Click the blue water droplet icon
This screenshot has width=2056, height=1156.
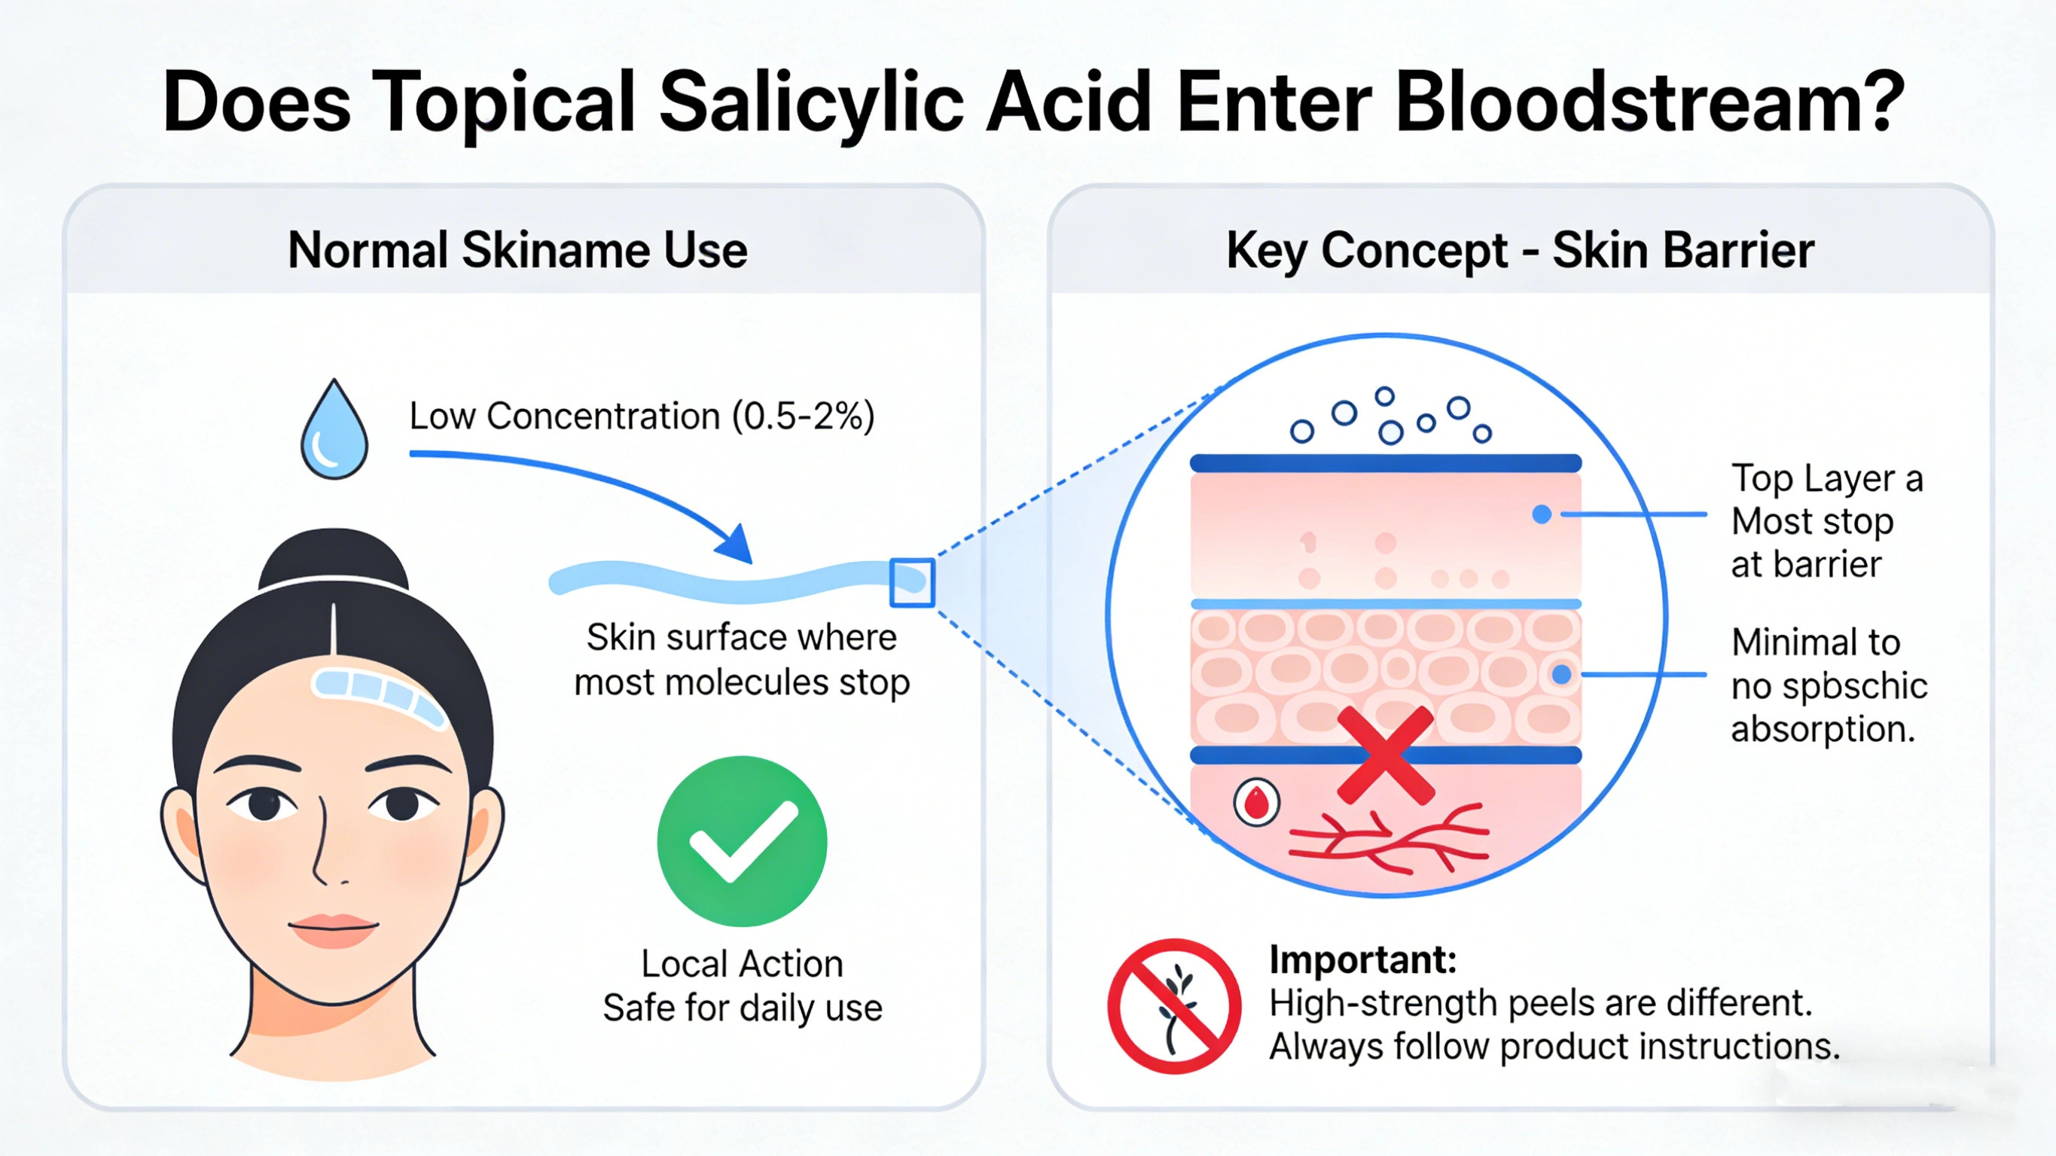[x=334, y=431]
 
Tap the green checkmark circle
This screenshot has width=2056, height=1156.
[x=742, y=840]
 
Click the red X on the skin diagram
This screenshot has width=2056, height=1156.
[x=1385, y=755]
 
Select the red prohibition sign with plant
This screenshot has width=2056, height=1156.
[x=1173, y=1006]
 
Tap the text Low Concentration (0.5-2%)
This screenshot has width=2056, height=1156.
[x=642, y=416]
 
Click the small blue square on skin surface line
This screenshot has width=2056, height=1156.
[x=911, y=582]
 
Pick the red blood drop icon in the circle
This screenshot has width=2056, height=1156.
[x=1256, y=801]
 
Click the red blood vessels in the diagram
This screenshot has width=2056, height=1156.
[x=1389, y=842]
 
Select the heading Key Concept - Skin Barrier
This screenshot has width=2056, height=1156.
[x=1520, y=250]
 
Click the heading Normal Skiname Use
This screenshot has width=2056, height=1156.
[x=517, y=250]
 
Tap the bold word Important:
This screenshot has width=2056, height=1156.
[x=1362, y=959]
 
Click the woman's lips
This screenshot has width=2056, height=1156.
[x=333, y=929]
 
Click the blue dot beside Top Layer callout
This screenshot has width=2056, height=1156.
[x=1542, y=514]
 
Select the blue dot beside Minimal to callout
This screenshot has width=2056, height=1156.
[x=1561, y=675]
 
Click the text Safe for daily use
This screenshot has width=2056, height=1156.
[x=743, y=1008]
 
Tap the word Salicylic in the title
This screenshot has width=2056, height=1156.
[x=812, y=102]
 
